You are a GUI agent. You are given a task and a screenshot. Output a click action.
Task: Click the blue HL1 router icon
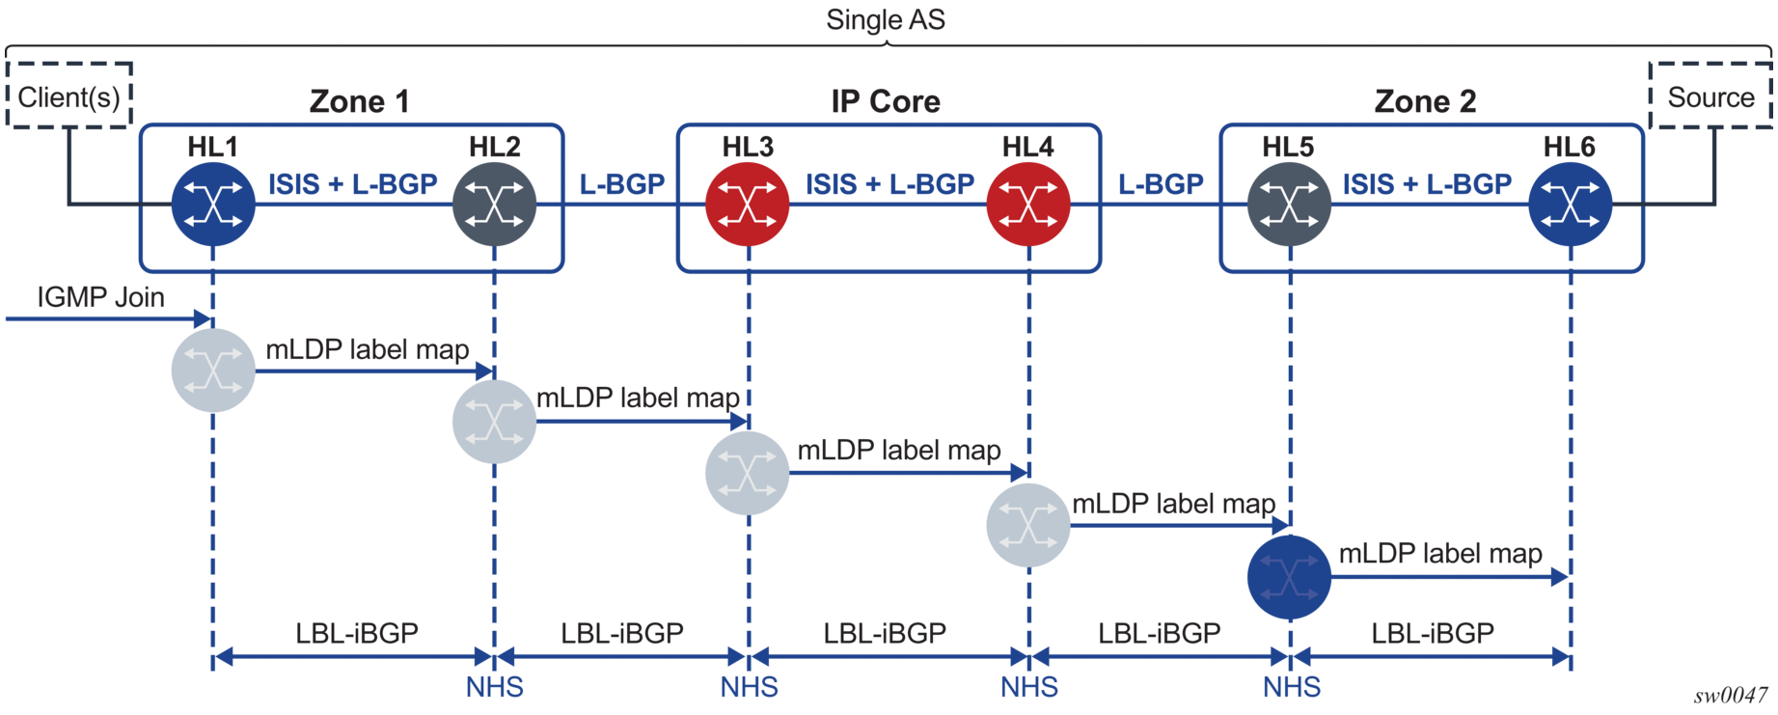coord(213,205)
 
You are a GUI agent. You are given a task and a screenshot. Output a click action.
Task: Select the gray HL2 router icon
coord(495,205)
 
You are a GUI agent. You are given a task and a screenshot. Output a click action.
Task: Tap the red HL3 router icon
coord(748,205)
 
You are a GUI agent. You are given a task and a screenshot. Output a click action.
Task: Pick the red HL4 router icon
coord(1028,205)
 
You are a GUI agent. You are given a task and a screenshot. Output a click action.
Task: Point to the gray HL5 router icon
coord(1290,205)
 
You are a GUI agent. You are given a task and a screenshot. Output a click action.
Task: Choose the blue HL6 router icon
coord(1571,205)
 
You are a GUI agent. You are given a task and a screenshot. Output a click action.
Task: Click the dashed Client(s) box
coord(69,96)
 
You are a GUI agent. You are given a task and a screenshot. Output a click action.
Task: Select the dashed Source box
coord(1710,96)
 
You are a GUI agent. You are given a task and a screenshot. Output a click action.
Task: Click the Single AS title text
coord(886,20)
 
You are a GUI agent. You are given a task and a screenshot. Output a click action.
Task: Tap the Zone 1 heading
coord(359,101)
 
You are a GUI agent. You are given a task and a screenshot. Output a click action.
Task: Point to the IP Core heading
coord(886,101)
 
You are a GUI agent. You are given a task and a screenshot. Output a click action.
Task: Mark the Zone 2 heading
coord(1425,101)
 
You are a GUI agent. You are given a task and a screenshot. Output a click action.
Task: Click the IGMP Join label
coord(100,297)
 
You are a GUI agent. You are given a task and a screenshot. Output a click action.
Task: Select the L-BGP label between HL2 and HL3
coord(621,184)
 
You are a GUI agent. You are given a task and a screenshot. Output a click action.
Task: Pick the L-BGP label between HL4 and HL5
coord(1161,184)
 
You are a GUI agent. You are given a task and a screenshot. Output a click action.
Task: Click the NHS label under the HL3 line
coord(749,687)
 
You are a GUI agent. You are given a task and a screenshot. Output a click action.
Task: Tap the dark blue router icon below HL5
coord(1289,577)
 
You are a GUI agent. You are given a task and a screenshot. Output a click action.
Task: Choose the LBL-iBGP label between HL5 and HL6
coord(1433,633)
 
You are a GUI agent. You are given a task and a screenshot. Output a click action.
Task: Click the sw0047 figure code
coord(1731,696)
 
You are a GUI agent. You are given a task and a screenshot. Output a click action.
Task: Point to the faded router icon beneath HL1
coord(213,371)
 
